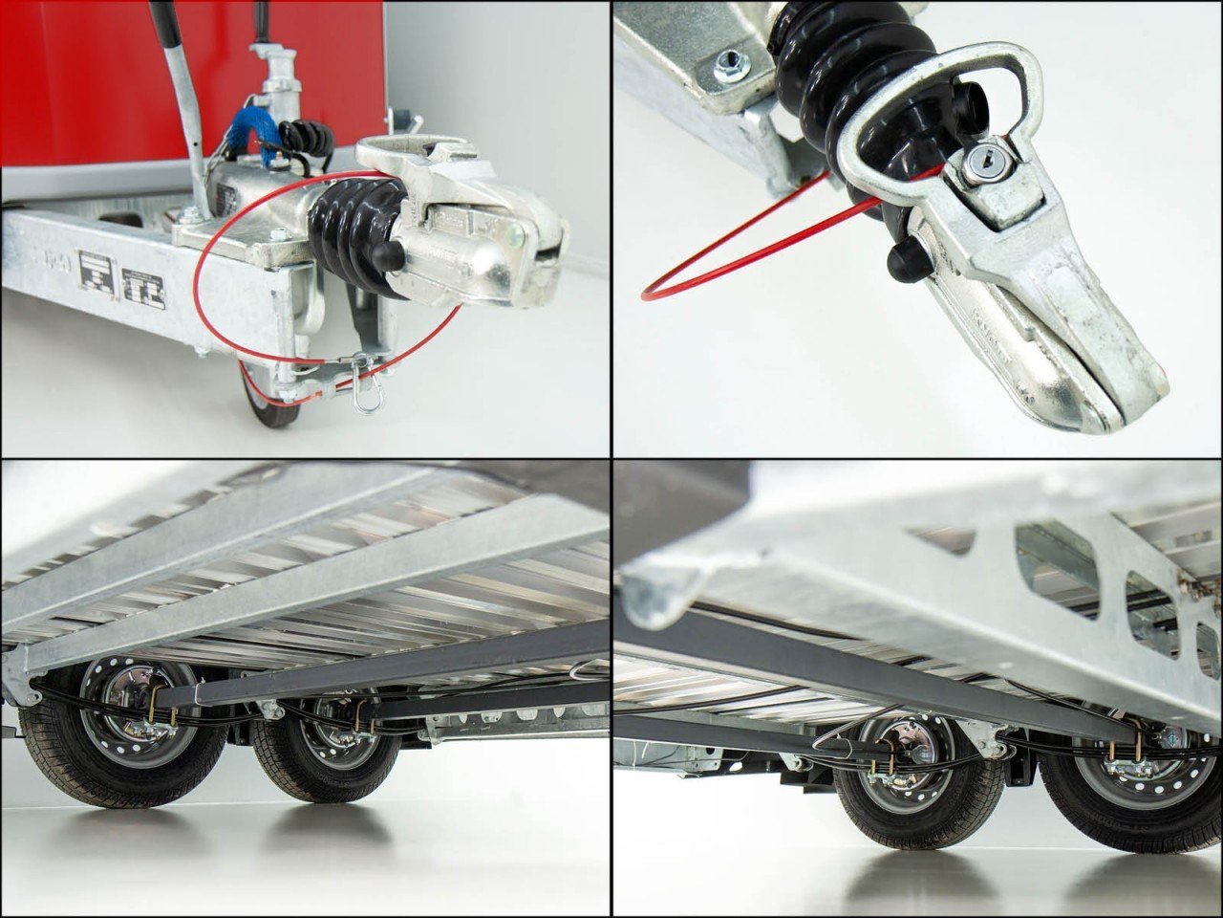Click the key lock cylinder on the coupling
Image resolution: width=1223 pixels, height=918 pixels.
[x=976, y=168]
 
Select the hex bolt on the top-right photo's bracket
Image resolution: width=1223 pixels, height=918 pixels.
[x=728, y=67]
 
